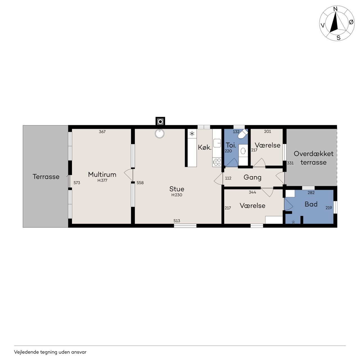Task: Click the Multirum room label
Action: [102, 174]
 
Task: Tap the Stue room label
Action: [177, 189]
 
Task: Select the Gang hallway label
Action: [252, 177]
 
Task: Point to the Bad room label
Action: [311, 204]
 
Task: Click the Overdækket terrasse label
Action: [314, 158]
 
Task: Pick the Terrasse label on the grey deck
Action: [46, 177]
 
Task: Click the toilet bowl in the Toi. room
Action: [243, 134]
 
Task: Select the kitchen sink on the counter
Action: [217, 143]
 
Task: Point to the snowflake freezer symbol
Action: [192, 134]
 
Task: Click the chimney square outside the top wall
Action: [160, 122]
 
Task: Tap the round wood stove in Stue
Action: [160, 134]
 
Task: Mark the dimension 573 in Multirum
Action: [76, 183]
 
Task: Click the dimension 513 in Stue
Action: [177, 221]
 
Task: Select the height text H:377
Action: [102, 181]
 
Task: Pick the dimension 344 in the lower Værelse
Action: [252, 192]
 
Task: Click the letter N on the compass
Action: [335, 9]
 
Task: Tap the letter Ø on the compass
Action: [351, 22]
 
